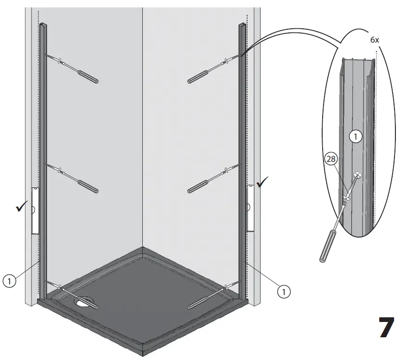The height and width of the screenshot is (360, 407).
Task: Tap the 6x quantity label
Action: tap(375, 40)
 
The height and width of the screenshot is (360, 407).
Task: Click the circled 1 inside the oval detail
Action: tap(356, 137)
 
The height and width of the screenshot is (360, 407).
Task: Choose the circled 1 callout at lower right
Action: tap(284, 292)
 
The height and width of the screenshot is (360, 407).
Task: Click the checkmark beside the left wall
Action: tap(20, 209)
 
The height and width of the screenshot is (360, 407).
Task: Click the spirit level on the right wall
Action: tap(250, 207)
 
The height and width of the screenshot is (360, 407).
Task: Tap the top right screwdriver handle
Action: tap(199, 77)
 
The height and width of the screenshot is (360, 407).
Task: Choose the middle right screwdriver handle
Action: tap(198, 186)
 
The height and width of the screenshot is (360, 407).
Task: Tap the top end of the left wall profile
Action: tap(43, 25)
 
